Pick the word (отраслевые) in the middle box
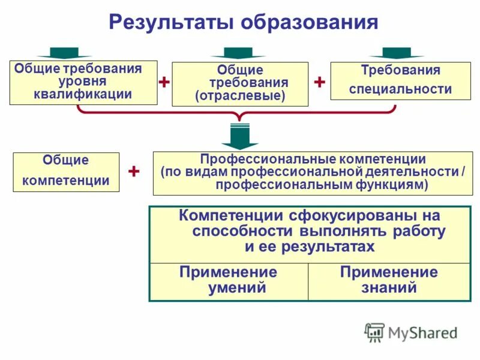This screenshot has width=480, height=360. coord(240,95)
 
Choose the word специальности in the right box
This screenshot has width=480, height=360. coord(400,89)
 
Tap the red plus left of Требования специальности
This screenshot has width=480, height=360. coord(319,82)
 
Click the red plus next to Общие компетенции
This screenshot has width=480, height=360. coord(134,172)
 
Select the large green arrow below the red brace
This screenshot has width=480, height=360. coord(239,136)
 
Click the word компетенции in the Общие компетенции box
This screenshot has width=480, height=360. coord(66,180)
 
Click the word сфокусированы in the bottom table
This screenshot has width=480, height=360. coord(341,215)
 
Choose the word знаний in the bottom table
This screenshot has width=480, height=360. coord(389,287)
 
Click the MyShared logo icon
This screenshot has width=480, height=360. coord(374,332)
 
